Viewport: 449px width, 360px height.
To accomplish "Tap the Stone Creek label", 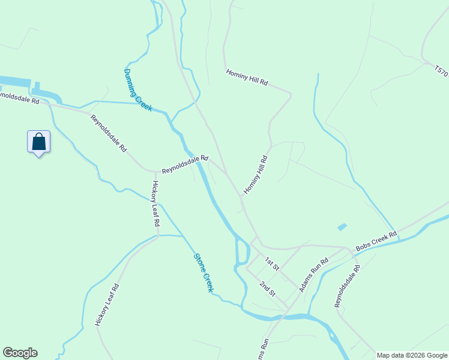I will pyautogui.click(x=203, y=273).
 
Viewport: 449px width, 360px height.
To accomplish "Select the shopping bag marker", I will pyautogui.click(x=39, y=142).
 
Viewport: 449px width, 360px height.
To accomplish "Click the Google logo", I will pyautogui.click(x=20, y=353).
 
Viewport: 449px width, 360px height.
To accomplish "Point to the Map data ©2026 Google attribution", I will pyautogui.click(x=412, y=355).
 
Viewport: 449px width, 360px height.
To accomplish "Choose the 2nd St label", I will pyautogui.click(x=268, y=289).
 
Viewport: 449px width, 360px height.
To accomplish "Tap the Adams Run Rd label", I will pyautogui.click(x=315, y=275).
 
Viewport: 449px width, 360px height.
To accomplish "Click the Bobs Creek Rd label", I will pyautogui.click(x=376, y=241).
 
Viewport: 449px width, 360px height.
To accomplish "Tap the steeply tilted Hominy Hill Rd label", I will pyautogui.click(x=255, y=175).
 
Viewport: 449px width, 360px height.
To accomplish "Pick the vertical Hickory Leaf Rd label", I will pyautogui.click(x=155, y=203).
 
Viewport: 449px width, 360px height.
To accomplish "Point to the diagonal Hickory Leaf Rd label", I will pyautogui.click(x=107, y=305).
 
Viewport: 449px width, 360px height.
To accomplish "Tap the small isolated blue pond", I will pyautogui.click(x=342, y=227).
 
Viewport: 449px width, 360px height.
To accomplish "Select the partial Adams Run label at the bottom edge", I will pyautogui.click(x=262, y=350).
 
